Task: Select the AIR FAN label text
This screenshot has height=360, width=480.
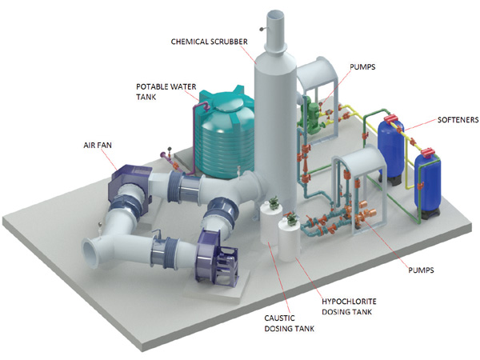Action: click(x=98, y=146)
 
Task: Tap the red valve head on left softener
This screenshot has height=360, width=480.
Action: click(x=391, y=123)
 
